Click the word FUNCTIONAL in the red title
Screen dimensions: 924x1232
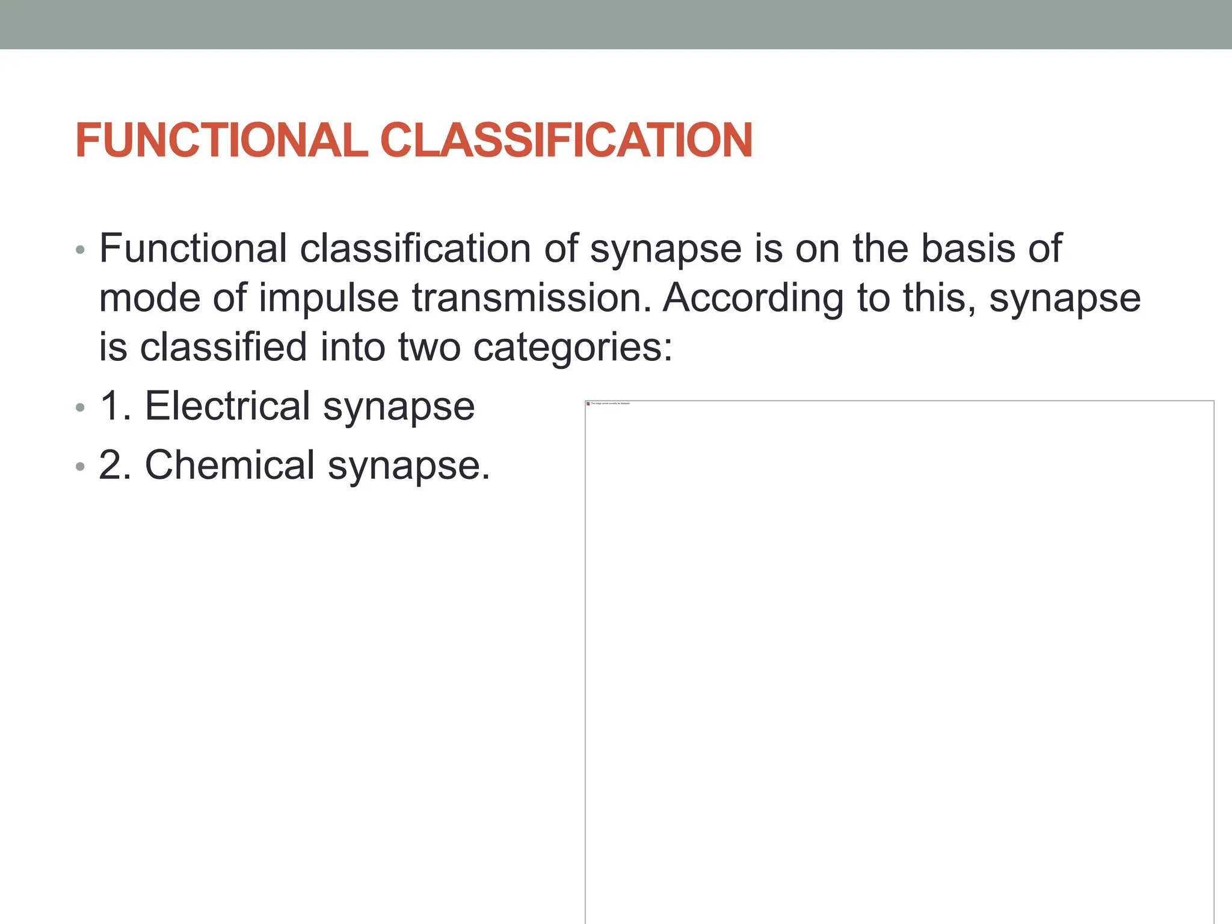point(221,140)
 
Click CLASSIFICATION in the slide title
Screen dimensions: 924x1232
point(566,140)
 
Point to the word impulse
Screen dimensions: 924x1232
point(328,299)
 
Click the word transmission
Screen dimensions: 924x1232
point(531,298)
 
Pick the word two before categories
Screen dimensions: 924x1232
point(429,347)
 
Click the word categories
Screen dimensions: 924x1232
point(572,348)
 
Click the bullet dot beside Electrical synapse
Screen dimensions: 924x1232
point(81,408)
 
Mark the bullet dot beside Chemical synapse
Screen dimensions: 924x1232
point(81,467)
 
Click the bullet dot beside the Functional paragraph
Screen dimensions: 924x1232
point(81,250)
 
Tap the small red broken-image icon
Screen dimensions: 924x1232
point(588,404)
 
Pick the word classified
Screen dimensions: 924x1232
point(223,347)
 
